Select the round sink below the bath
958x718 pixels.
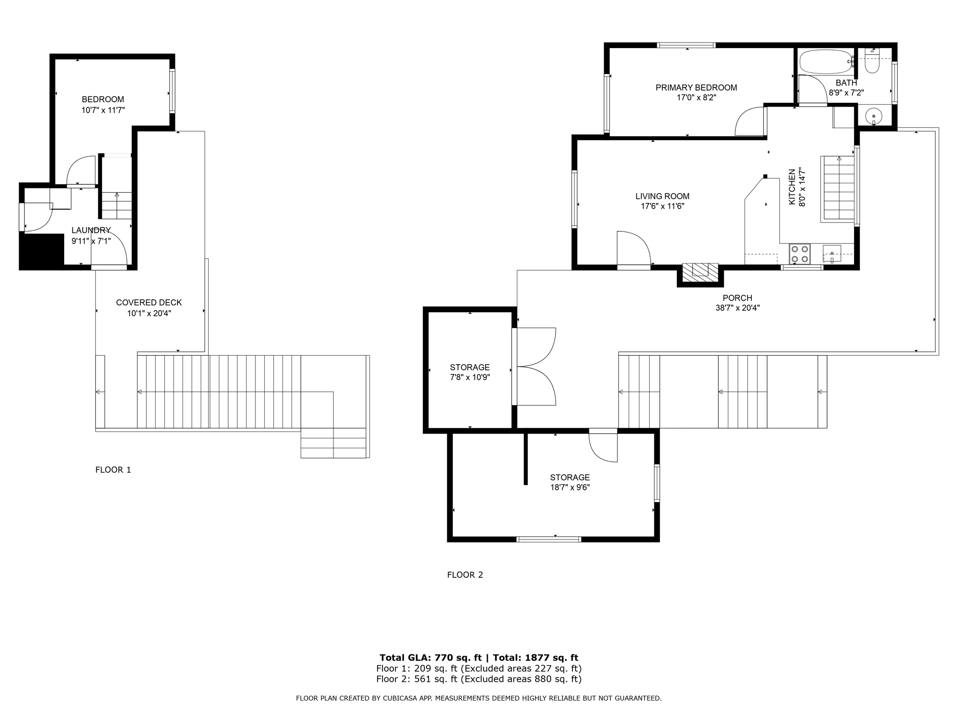click(x=873, y=115)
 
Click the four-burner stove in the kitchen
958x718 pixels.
click(x=799, y=254)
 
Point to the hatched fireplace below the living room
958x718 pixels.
click(x=700, y=273)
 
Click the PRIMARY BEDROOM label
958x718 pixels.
click(x=696, y=87)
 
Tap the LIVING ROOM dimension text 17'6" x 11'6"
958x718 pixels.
click(x=662, y=206)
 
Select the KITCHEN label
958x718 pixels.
click(x=792, y=187)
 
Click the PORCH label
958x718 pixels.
click(x=737, y=298)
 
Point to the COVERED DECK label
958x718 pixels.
click(x=149, y=302)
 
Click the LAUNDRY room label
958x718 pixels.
click(x=91, y=230)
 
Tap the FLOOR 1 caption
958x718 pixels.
click(x=113, y=470)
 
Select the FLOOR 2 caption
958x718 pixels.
click(x=465, y=575)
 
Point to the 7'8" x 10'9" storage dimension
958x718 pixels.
click(x=470, y=377)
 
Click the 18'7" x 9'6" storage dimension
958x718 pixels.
click(x=570, y=487)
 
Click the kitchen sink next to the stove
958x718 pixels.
click(x=832, y=254)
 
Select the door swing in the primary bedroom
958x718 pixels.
click(x=749, y=121)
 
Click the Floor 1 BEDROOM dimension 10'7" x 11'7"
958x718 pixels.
click(x=103, y=110)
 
